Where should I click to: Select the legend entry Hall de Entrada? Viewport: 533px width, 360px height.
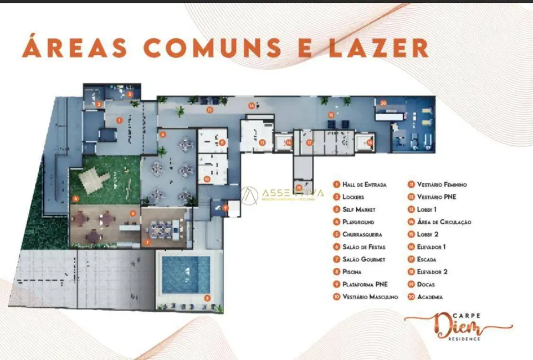click(x=364, y=184)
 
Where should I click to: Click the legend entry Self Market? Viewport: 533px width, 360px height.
click(x=358, y=209)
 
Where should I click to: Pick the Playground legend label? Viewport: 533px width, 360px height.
click(x=358, y=222)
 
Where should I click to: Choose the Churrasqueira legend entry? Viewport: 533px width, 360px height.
click(x=362, y=234)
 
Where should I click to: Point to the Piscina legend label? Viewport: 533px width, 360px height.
click(x=352, y=272)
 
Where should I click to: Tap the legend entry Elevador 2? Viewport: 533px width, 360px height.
click(x=433, y=272)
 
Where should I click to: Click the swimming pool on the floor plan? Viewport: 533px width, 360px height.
click(x=185, y=275)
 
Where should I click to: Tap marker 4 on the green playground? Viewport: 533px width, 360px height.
click(x=75, y=198)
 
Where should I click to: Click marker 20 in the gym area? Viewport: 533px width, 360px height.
click(x=383, y=102)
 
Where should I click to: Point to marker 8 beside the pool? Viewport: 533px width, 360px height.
click(x=207, y=298)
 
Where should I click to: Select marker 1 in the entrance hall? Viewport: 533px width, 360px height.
click(x=119, y=120)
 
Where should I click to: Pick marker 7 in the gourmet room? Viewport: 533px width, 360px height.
click(x=147, y=242)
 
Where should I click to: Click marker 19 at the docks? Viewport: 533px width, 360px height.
click(x=299, y=187)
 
